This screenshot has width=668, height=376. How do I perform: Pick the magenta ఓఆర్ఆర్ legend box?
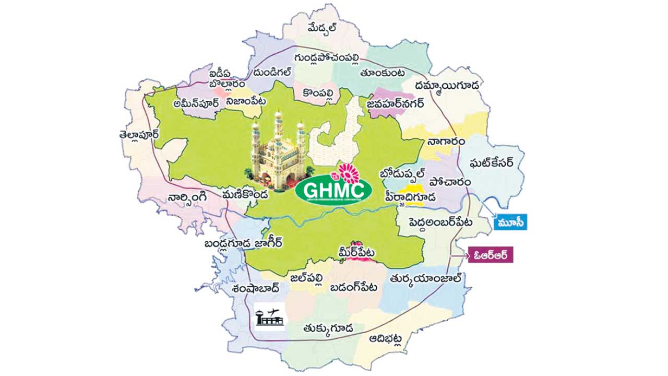coord(490,255)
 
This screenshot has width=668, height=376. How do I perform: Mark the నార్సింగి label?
coord(188,197)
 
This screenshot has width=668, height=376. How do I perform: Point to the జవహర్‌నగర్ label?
coord(395,104)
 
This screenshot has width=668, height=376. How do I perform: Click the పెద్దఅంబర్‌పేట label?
coord(435,222)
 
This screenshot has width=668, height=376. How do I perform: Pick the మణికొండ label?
coord(244,194)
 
